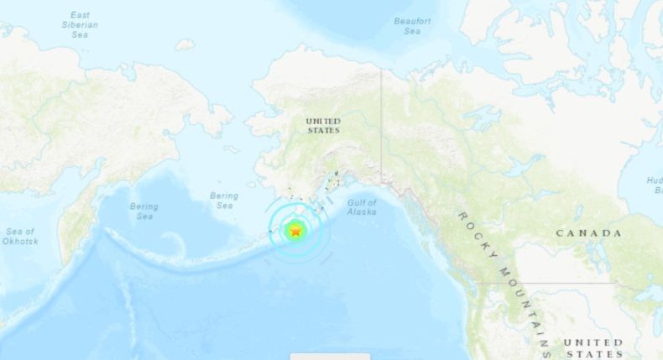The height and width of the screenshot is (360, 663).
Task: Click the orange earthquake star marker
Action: click(x=295, y=229)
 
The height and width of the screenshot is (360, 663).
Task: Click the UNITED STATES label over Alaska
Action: click(x=324, y=125)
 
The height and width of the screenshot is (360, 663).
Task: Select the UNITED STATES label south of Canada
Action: click(x=593, y=347)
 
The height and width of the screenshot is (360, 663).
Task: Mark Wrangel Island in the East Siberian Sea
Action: click(x=185, y=44)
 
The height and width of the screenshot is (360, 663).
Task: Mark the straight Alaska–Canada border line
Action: click(x=383, y=117)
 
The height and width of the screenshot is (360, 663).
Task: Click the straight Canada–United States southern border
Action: click(x=571, y=283)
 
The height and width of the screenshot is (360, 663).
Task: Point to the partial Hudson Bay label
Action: click(x=654, y=185)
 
